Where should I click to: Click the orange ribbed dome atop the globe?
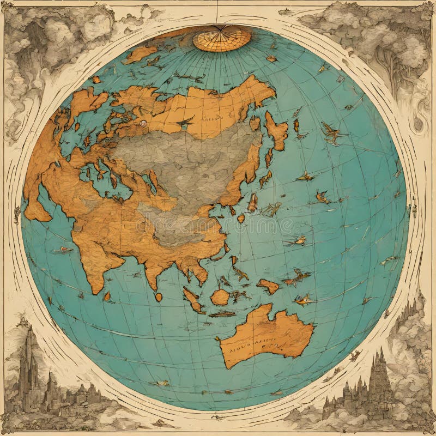(221, 38)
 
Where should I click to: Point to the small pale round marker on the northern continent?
(143, 124)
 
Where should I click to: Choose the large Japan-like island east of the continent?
(277, 131)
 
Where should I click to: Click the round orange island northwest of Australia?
(220, 297)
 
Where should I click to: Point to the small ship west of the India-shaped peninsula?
(63, 250)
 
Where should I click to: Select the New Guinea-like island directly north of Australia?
(268, 286)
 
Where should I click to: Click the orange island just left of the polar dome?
(141, 53)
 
